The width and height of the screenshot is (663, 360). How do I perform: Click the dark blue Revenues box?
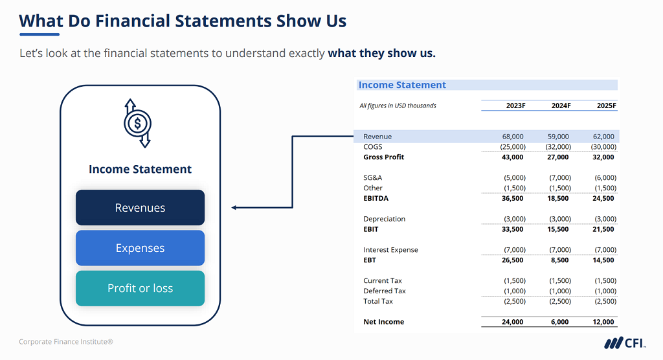[140, 208]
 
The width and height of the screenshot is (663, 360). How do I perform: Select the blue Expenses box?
[140, 248]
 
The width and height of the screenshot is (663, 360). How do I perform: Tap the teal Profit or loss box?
[140, 288]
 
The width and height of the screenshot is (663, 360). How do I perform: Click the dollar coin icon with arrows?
[137, 123]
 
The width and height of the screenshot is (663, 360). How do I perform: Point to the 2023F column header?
[515, 106]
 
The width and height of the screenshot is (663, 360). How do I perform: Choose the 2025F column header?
[606, 106]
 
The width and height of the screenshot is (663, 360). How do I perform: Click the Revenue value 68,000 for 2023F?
[513, 137]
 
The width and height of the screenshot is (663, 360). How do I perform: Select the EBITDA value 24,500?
[603, 198]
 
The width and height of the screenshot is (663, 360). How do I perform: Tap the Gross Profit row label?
[383, 157]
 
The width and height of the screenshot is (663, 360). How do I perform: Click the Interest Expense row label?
[390, 250]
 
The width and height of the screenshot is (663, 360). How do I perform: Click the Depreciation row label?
[384, 219]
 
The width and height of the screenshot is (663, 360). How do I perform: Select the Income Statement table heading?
[402, 85]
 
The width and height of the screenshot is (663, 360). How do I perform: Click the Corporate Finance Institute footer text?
[66, 342]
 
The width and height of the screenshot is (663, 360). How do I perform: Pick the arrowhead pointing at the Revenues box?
[234, 208]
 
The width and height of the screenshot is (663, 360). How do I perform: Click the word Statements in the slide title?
[224, 21]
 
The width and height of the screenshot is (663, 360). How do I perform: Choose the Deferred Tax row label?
[384, 291]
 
